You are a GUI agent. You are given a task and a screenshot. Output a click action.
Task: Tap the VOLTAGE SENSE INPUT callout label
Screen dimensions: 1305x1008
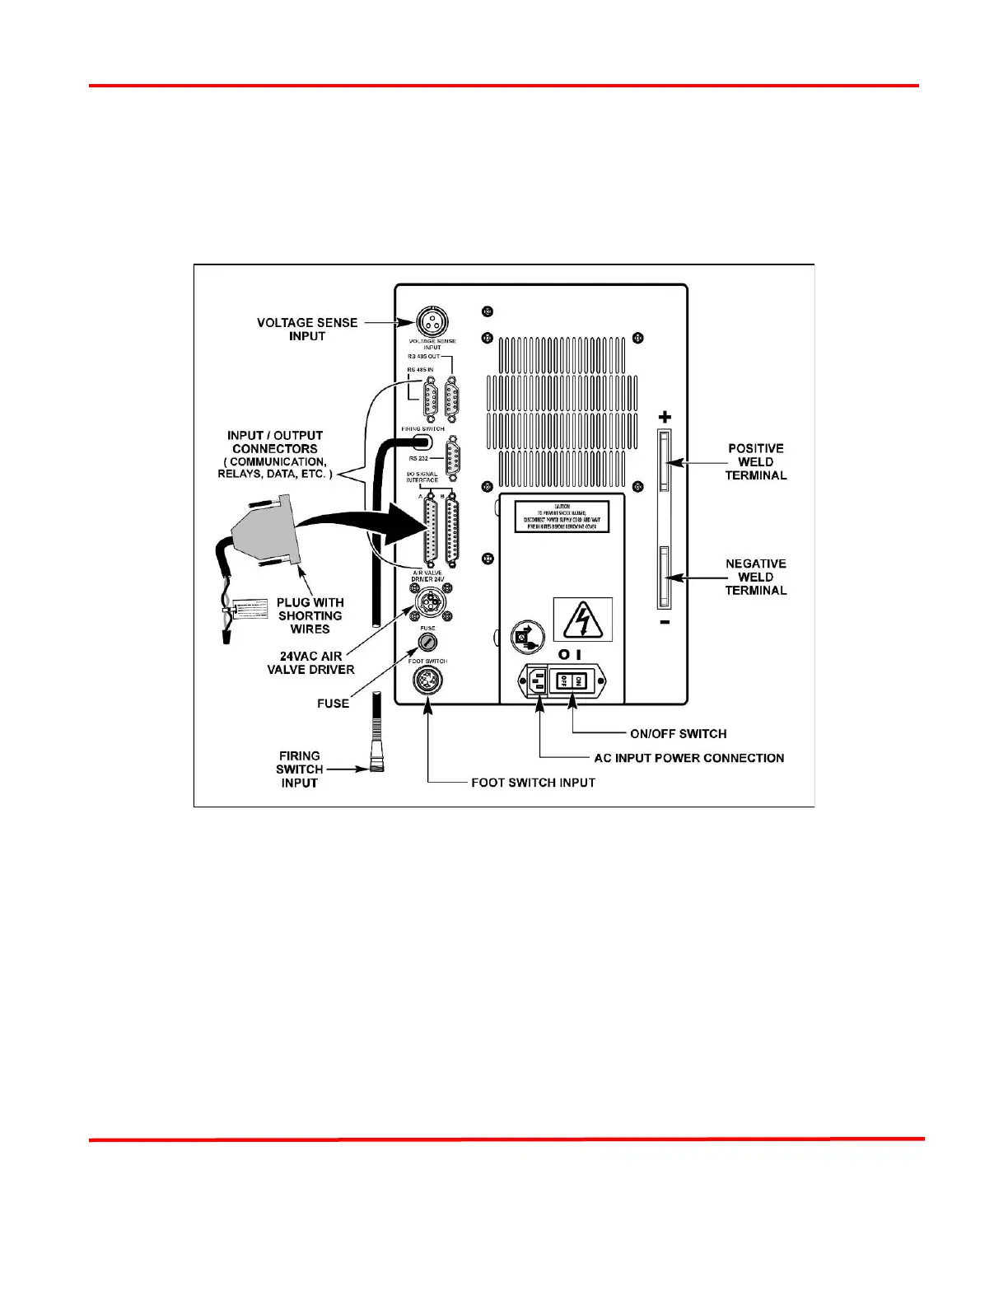[306, 329]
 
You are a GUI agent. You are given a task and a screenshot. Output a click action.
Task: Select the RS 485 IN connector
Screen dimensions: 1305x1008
[430, 400]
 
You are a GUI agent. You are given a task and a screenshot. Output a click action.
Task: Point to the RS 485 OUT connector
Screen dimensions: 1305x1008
[452, 400]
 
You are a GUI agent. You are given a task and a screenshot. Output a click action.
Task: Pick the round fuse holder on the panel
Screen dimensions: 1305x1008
[427, 643]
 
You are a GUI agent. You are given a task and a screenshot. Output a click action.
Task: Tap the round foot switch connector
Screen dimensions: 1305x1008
[427, 681]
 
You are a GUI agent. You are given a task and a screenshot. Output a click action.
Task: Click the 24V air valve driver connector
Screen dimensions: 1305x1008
[427, 603]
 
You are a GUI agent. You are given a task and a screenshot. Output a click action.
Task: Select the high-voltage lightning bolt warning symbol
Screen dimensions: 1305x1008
[583, 620]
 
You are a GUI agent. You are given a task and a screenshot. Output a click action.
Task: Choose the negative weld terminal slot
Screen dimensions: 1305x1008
[664, 576]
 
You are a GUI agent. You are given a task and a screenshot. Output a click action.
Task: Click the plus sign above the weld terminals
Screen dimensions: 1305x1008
[665, 417]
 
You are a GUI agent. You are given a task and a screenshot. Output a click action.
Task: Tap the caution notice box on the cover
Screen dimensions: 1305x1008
[562, 517]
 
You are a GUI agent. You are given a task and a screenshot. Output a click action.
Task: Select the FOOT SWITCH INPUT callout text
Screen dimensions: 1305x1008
[533, 783]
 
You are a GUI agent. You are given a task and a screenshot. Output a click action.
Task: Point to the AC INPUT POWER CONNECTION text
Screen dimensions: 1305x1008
[688, 758]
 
